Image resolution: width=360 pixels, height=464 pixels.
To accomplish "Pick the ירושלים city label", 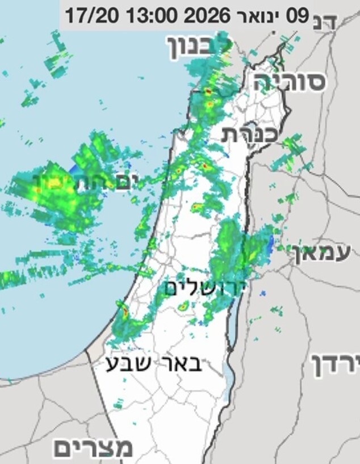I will coord(206,288).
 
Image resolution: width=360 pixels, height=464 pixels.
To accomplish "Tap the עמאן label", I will coord(322,252).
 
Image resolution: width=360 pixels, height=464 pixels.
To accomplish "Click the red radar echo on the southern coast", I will coord(124,311).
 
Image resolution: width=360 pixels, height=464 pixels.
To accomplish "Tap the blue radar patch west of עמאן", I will coord(270,245).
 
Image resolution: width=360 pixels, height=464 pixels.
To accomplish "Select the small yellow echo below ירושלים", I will coord(183,307).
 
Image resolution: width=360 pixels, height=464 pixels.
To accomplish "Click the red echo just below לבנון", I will coord(208,91).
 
